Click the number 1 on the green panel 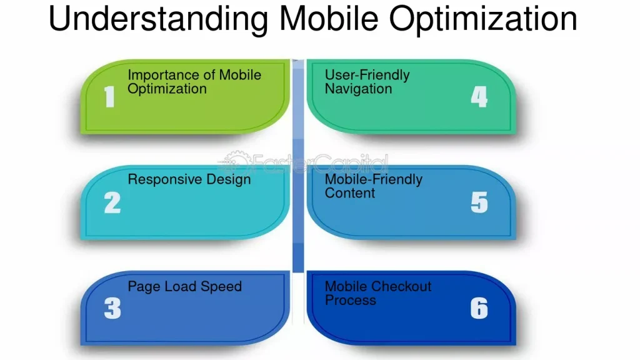[x=109, y=97]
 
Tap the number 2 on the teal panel [x=112, y=203]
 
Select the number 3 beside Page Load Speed [x=112, y=308]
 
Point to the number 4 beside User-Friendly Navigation [x=479, y=97]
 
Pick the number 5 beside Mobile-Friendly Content [x=479, y=203]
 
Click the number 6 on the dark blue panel [x=479, y=308]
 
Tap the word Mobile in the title [x=329, y=18]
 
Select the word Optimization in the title [x=483, y=19]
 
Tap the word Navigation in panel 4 [x=358, y=89]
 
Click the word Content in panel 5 [x=350, y=193]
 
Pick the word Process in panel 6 [x=350, y=301]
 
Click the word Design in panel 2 [x=229, y=180]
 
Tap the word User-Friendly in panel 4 [x=367, y=76]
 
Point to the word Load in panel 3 [x=180, y=286]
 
